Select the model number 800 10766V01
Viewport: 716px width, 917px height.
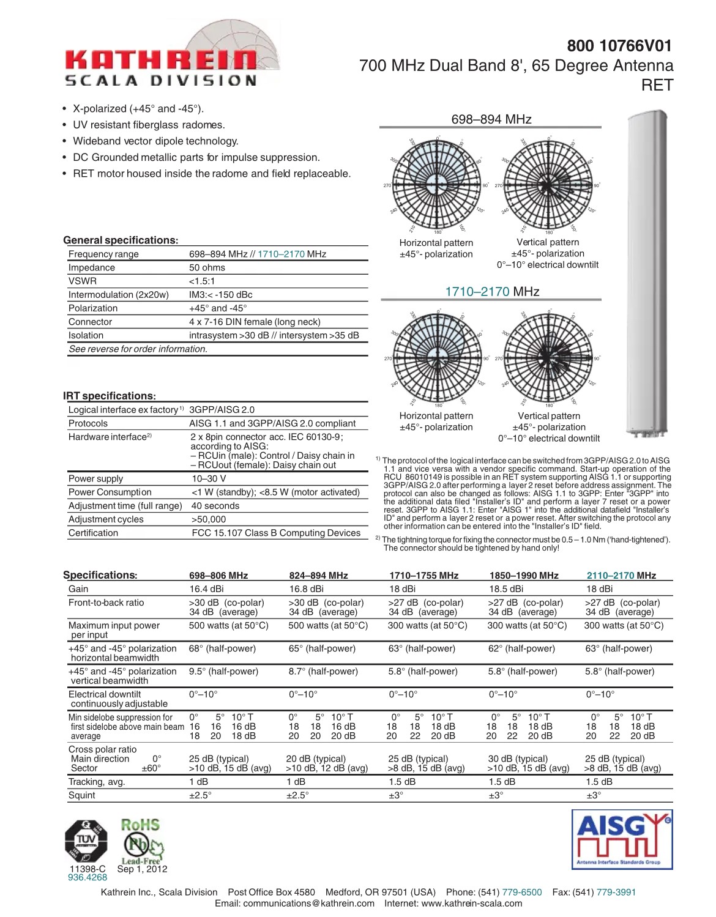tap(619, 46)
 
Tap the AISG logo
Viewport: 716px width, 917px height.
tap(622, 839)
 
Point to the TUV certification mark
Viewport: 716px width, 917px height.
tap(86, 841)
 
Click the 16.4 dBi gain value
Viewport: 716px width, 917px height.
tap(206, 589)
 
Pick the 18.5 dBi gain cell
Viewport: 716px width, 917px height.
tap(506, 589)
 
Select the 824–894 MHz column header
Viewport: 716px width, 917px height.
tap(318, 576)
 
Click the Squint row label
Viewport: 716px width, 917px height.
tap(82, 795)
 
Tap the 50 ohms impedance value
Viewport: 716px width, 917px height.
tap(207, 268)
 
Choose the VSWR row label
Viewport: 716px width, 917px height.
tap(83, 281)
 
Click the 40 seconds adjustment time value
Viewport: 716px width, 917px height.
tap(215, 506)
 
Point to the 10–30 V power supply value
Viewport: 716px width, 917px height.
tap(209, 479)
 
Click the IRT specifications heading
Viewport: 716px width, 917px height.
tap(110, 396)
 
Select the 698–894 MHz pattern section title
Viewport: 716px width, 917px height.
tap(491, 119)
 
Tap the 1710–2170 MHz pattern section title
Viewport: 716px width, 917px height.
tap(492, 292)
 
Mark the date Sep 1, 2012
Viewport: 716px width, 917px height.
tap(142, 869)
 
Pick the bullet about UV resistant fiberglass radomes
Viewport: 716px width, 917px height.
tap(149, 125)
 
